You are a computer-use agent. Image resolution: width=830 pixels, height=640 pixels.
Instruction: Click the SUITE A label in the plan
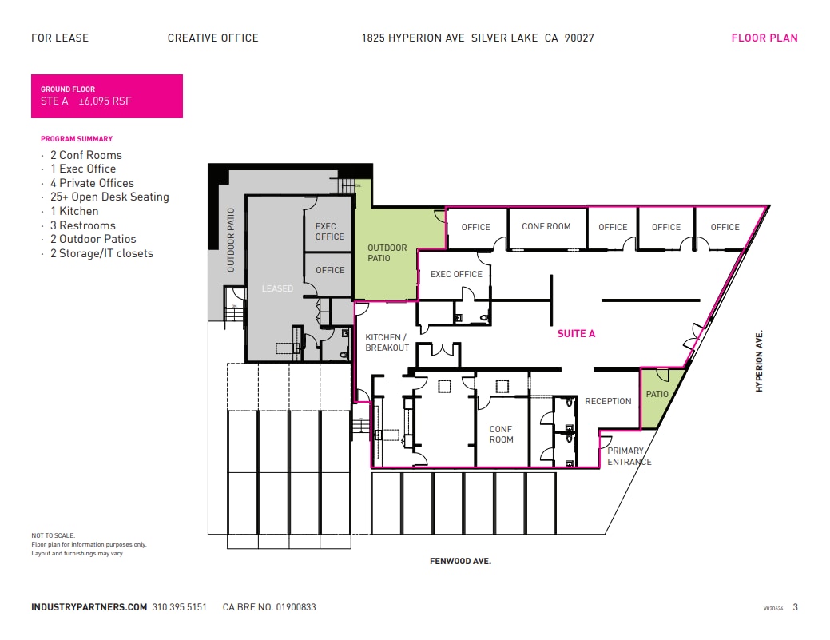tap(576, 334)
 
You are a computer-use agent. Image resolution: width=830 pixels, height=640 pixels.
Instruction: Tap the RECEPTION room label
tap(608, 401)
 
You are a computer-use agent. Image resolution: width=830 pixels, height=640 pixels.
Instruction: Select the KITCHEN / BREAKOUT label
tap(387, 343)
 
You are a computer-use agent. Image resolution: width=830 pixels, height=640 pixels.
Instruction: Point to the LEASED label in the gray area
tap(277, 288)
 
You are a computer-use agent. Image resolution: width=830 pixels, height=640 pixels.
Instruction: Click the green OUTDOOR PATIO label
tap(387, 252)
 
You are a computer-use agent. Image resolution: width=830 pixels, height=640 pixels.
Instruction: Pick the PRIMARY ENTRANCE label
tap(629, 456)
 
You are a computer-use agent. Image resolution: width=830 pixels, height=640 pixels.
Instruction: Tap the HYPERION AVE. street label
tap(760, 360)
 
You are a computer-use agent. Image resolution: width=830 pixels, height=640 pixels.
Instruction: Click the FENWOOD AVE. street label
tap(460, 562)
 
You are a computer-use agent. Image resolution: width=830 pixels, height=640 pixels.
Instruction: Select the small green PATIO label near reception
tap(657, 394)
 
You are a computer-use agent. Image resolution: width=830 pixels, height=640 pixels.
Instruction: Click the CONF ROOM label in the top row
tap(546, 226)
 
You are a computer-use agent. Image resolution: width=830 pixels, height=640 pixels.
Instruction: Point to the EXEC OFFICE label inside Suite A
tap(456, 274)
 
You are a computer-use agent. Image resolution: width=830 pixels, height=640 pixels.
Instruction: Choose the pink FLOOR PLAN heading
tap(764, 38)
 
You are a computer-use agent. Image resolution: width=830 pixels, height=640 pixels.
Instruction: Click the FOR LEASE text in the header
tap(60, 38)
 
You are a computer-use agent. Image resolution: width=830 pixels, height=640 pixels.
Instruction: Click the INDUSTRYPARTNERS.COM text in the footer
tap(89, 607)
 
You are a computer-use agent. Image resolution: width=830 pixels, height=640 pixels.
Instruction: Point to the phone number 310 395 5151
tap(179, 607)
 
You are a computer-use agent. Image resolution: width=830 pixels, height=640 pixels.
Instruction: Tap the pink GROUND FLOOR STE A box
tap(106, 96)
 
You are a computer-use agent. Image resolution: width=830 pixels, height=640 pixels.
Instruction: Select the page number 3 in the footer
tap(795, 607)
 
